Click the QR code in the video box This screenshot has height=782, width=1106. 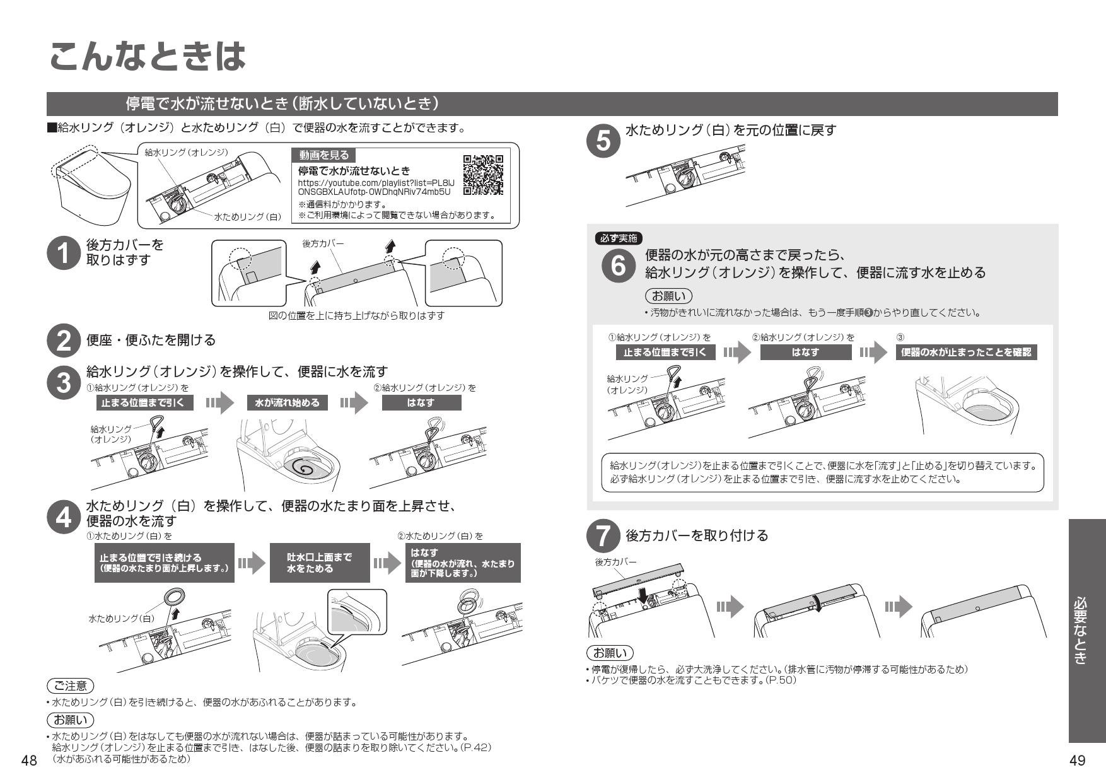pos(483,174)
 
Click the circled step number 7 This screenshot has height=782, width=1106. pos(603,537)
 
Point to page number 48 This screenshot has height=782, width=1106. pos(29,761)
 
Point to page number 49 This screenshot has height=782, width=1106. pos(1077,761)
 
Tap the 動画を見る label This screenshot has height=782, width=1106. pos(323,155)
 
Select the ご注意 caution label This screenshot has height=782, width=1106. pos(70,686)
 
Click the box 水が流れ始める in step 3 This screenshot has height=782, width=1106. pos(287,403)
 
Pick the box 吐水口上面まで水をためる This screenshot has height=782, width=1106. pos(319,563)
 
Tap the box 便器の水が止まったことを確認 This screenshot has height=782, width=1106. pos(966,353)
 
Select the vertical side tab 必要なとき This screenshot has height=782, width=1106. pos(1086,631)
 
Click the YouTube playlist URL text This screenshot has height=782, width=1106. pos(375,187)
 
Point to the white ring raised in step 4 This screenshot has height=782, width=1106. pos(173,596)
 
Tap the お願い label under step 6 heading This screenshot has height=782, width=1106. pos(668,296)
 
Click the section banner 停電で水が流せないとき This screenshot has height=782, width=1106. pos(282,103)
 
